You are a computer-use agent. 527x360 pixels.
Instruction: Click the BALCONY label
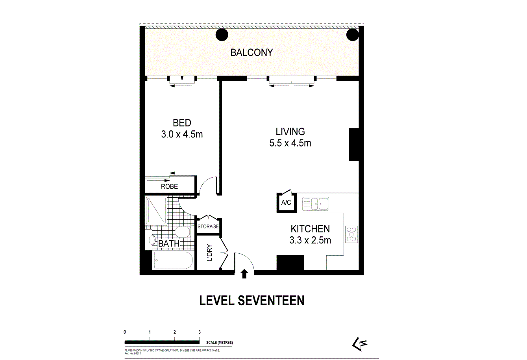251,52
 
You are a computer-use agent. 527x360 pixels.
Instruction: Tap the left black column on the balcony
222,35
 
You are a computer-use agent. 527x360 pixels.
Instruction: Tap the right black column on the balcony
352,35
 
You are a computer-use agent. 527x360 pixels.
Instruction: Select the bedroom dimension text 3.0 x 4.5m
182,134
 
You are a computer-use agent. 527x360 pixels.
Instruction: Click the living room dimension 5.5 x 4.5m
290,143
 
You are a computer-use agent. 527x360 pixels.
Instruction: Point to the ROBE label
169,186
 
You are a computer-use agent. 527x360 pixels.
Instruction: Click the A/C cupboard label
286,203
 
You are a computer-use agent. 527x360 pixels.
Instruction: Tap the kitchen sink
316,204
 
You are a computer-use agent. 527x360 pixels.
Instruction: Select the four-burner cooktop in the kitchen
351,234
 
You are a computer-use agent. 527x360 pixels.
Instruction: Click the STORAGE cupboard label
208,226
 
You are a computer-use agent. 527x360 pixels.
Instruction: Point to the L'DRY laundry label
209,253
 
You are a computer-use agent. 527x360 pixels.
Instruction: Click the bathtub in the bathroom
173,261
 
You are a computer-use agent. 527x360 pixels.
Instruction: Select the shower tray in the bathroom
156,211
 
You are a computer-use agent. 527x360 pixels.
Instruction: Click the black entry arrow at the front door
244,274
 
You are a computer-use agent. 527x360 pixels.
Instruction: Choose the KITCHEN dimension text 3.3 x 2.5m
310,240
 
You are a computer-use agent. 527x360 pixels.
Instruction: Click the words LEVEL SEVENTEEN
252,301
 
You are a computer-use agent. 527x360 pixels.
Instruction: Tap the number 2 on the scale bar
174,332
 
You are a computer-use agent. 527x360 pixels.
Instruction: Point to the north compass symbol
359,343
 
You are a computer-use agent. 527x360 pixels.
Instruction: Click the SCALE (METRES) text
219,343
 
